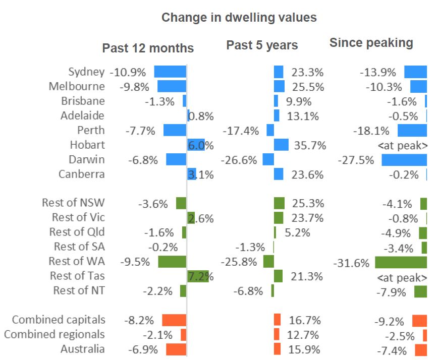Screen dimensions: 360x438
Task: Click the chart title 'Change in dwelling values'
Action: pyautogui.click(x=239, y=18)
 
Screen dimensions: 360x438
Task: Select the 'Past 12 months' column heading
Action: pyautogui.click(x=148, y=48)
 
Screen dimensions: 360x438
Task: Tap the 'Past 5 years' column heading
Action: pyautogui.click(x=262, y=45)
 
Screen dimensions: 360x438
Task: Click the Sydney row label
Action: pyautogui.click(x=86, y=72)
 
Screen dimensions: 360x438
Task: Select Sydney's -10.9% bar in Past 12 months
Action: pyautogui.click(x=170, y=72)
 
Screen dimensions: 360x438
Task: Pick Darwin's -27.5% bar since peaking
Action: pyautogui.click(x=404, y=160)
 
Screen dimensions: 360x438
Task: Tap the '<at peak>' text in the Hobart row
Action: pyautogui.click(x=403, y=146)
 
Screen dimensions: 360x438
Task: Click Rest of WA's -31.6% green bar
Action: pyautogui.click(x=401, y=262)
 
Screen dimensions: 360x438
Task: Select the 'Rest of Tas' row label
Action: pyautogui.click(x=77, y=276)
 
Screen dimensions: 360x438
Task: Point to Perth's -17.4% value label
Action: pyautogui.click(x=241, y=131)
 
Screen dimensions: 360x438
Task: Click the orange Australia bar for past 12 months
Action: pyautogui.click(x=176, y=349)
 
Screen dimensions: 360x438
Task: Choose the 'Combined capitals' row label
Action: pyautogui.click(x=59, y=320)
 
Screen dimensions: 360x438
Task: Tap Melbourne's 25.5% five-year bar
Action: pyautogui.click(x=279, y=86)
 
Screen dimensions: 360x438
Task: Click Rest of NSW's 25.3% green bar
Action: pyautogui.click(x=279, y=203)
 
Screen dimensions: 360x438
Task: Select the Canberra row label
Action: pyautogui.click(x=82, y=174)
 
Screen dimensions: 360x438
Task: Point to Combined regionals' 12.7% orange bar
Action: pyautogui.click(x=277, y=334)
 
